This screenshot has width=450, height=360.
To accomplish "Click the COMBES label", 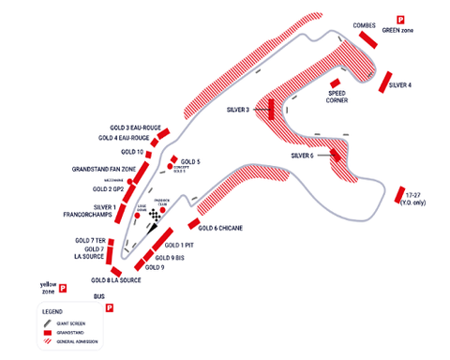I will click(364, 25).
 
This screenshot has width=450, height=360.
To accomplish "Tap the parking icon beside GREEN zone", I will click(400, 20).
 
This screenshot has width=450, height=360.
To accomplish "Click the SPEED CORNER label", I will click(338, 97).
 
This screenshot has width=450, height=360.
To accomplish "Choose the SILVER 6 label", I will click(302, 155).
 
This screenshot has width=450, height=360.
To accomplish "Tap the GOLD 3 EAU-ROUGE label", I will click(130, 127).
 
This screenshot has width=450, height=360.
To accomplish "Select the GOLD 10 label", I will click(132, 151).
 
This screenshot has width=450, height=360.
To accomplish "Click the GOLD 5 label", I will click(190, 161).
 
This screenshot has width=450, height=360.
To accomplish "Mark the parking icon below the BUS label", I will click(110, 307).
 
